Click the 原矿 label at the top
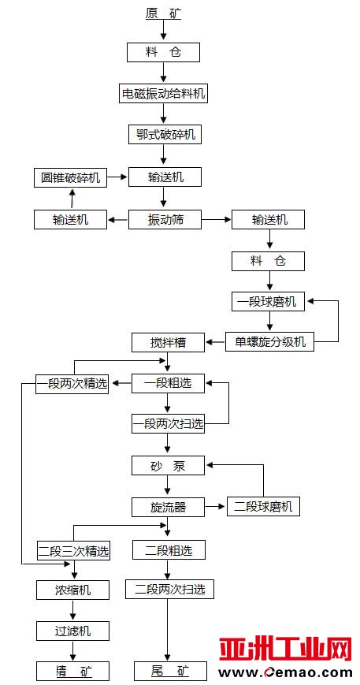[163, 14]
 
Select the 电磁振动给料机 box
[163, 93]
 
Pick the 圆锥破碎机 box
[71, 178]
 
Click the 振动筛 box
[165, 219]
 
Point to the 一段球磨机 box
[268, 302]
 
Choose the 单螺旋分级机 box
[269, 342]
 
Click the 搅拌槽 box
[169, 342]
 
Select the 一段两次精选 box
[72, 384]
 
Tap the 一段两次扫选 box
[169, 424]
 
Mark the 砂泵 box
[169, 466]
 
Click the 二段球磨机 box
[264, 507]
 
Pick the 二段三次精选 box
[73, 551]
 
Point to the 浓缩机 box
[73, 590]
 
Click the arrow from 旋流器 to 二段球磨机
[216, 507]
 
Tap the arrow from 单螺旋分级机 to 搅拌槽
[215, 342]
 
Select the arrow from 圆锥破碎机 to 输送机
[118, 177]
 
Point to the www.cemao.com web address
[285, 672]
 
